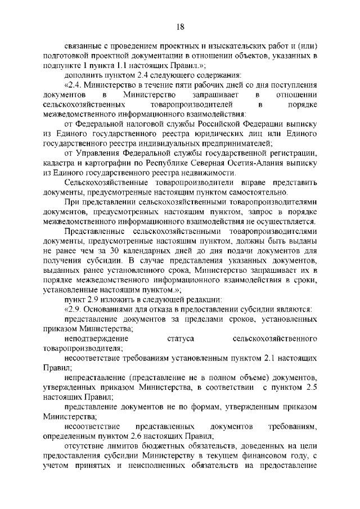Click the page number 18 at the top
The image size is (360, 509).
180,26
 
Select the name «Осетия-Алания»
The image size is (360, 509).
247,162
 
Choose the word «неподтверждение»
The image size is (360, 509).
97,339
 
